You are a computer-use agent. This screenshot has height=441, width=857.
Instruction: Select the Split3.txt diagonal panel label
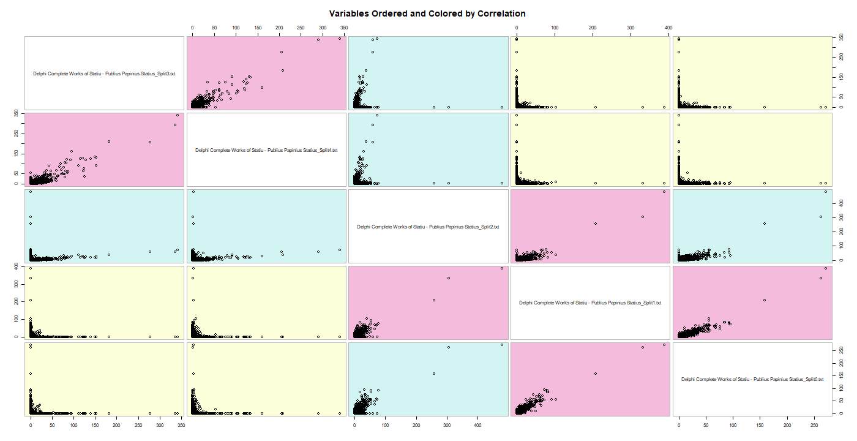pos(104,73)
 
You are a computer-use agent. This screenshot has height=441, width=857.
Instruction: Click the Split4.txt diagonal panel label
pos(266,150)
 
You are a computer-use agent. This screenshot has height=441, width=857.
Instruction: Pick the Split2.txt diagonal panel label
pos(428,227)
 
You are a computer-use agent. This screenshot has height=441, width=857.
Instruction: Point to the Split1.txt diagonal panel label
pos(590,303)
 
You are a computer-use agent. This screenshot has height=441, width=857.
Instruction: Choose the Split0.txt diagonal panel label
pos(752,379)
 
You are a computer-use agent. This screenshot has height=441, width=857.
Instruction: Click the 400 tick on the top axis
pos(668,28)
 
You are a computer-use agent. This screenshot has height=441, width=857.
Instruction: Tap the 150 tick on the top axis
pos(257,28)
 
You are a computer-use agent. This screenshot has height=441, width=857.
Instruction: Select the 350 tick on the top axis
pos(344,28)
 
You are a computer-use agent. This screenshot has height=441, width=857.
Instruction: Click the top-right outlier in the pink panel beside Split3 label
pos(340,39)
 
